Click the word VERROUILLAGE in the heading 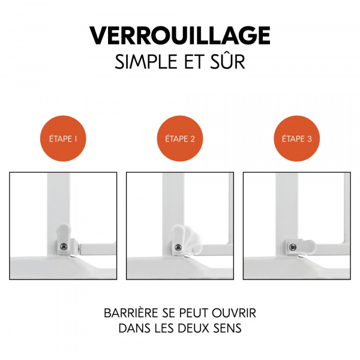(x=180, y=35)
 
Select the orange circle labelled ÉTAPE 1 (x=63, y=139)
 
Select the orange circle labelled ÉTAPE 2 (x=179, y=139)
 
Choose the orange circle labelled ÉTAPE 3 (x=296, y=139)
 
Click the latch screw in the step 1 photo (x=62, y=246)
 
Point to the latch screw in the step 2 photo (x=178, y=247)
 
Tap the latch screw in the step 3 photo (x=292, y=246)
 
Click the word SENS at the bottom (x=232, y=329)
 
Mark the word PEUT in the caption (x=191, y=314)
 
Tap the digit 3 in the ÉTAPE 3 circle (x=309, y=139)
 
